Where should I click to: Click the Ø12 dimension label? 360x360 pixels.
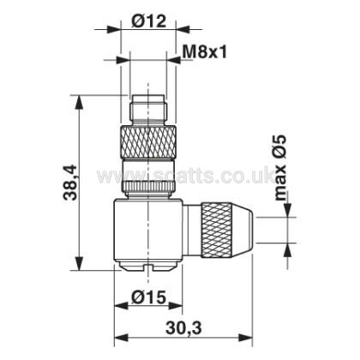[x=148, y=21]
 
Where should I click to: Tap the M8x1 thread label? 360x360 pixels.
[x=204, y=52]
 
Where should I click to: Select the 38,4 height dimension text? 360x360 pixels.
[x=70, y=182]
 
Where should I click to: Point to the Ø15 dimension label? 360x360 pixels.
[x=148, y=297]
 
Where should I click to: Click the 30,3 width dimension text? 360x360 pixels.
[x=183, y=328]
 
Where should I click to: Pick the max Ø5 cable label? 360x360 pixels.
[x=280, y=167]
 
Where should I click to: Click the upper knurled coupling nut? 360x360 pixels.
[x=148, y=141]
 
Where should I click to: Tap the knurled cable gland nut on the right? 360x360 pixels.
[x=217, y=230]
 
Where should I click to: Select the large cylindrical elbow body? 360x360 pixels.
[x=148, y=230]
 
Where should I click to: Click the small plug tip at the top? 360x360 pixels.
[x=148, y=108]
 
